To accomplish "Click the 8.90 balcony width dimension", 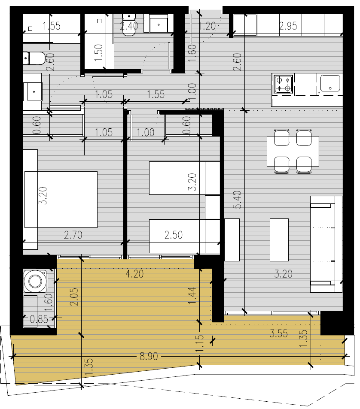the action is click(x=149, y=356).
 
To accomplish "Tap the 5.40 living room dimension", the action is click(x=238, y=200).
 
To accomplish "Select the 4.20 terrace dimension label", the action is click(x=134, y=274).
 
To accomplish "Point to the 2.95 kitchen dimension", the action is click(x=288, y=26).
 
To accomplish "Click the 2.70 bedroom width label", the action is click(x=73, y=235).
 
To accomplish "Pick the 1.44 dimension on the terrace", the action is click(x=192, y=296).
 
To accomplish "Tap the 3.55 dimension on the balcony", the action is click(x=278, y=333).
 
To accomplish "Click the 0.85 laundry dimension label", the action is click(x=39, y=319).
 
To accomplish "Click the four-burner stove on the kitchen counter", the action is click(x=283, y=84).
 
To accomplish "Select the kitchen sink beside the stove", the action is click(x=330, y=83).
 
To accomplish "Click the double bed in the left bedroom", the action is click(x=61, y=200).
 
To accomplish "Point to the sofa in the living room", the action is click(x=326, y=244).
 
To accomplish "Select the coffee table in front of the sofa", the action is click(x=279, y=240).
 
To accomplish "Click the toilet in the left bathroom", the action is click(x=34, y=58).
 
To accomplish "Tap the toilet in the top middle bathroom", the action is click(x=129, y=25).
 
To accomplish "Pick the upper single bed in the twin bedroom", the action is click(x=184, y=178).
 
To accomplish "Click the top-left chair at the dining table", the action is click(x=281, y=137).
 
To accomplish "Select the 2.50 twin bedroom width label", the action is click(x=174, y=235).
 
